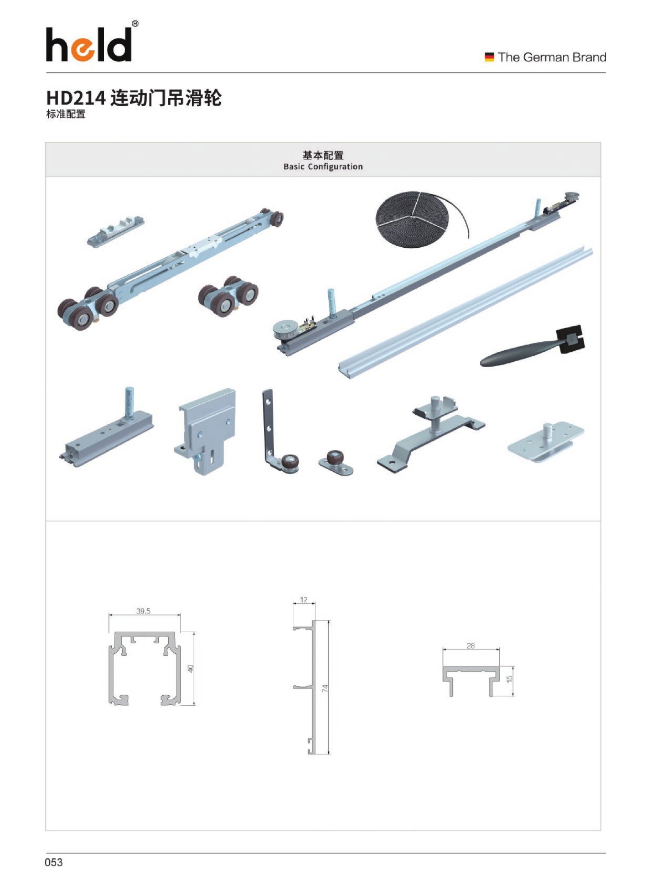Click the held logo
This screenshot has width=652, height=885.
click(x=89, y=44)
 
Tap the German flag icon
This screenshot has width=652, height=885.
click(x=489, y=58)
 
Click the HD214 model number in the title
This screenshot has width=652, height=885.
click(x=76, y=98)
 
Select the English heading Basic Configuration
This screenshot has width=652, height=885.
click(x=323, y=166)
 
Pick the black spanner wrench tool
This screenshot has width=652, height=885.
click(x=532, y=347)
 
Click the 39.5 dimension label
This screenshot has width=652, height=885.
click(x=143, y=611)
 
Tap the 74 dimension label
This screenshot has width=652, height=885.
click(x=325, y=688)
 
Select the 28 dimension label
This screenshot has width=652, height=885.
click(x=470, y=645)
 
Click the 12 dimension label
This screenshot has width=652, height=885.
click(x=304, y=600)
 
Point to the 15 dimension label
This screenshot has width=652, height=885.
click(x=510, y=678)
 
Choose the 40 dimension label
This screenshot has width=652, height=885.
click(x=191, y=669)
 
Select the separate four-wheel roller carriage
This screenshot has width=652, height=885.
click(x=228, y=295)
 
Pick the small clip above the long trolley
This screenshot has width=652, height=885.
click(x=116, y=231)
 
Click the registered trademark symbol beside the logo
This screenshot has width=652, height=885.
click(x=135, y=24)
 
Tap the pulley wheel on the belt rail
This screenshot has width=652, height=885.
click(x=284, y=329)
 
